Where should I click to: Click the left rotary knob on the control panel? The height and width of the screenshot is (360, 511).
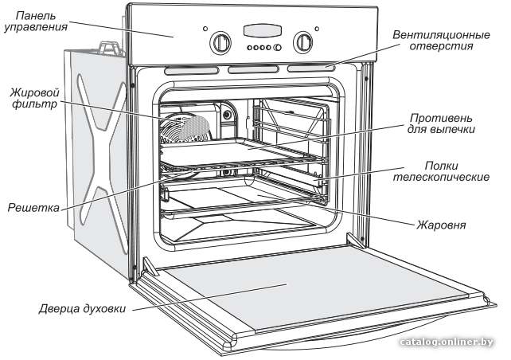pyautogui.click(x=220, y=42)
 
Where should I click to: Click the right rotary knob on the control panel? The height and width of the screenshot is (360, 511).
pyautogui.click(x=302, y=42)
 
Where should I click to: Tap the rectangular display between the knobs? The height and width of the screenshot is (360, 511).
pyautogui.click(x=262, y=30)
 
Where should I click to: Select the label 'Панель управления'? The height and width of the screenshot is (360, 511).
pyautogui.click(x=36, y=22)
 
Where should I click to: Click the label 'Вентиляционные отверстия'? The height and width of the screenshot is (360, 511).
pyautogui.click(x=441, y=40)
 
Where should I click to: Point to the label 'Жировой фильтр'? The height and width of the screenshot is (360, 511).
pyautogui.click(x=34, y=99)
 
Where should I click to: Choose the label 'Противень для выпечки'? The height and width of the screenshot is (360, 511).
pyautogui.click(x=441, y=123)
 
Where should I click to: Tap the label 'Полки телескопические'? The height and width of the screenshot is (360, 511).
pyautogui.click(x=441, y=171)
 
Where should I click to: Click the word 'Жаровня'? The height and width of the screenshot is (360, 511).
pyautogui.click(x=441, y=225)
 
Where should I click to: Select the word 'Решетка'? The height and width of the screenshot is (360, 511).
pyautogui.click(x=33, y=207)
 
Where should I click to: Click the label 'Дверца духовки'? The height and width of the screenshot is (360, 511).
pyautogui.click(x=82, y=308)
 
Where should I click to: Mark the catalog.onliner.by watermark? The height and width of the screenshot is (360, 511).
pyautogui.click(x=447, y=342)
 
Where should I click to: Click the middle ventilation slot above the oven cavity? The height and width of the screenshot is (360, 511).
pyautogui.click(x=253, y=69)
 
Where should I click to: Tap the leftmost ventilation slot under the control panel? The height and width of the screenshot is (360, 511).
pyautogui.click(x=191, y=70)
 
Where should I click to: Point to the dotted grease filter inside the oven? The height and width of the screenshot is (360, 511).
pyautogui.click(x=194, y=128)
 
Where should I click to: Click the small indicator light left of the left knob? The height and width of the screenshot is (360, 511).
pyautogui.click(x=205, y=29)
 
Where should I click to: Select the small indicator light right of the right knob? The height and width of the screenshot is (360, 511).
pyautogui.click(x=317, y=29)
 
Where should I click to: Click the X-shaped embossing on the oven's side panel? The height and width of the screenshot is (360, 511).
pyautogui.click(x=102, y=146)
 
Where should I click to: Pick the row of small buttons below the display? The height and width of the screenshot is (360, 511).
pyautogui.click(x=263, y=48)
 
